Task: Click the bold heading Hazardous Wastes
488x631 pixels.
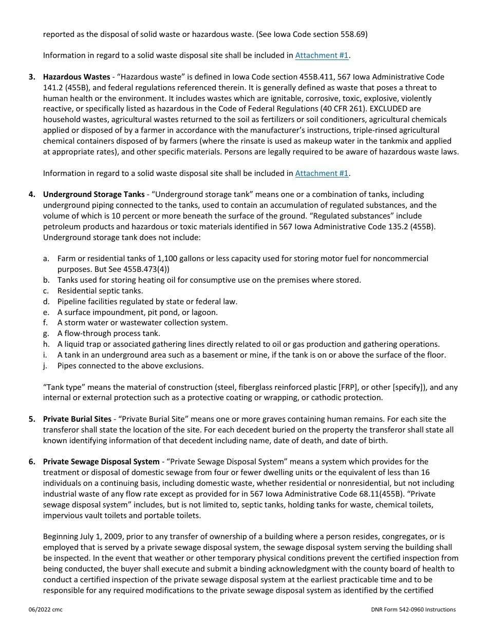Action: click(77, 77)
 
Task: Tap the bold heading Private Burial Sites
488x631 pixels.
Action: click(77, 419)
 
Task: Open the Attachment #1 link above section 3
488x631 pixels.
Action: click(322, 55)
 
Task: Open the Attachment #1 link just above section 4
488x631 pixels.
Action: click(322, 173)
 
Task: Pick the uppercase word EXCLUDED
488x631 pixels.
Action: click(390, 109)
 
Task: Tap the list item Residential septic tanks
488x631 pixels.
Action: click(100, 291)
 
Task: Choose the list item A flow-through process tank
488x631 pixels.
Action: click(108, 333)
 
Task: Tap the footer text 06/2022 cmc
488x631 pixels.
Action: click(46, 609)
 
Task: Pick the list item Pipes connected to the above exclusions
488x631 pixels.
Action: click(130, 366)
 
